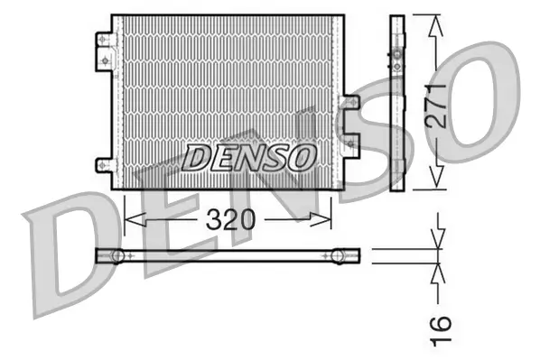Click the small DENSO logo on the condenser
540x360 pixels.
(248, 157)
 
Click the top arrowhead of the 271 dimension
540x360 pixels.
(436, 24)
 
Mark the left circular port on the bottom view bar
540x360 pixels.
(116, 256)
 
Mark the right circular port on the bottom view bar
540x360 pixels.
(338, 256)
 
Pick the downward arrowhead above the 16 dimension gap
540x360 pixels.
(439, 242)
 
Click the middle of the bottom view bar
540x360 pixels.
(228, 256)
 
